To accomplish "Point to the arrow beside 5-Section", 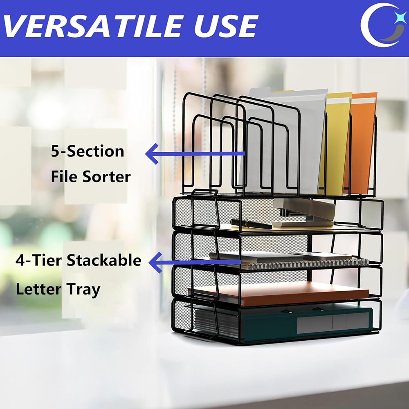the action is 195,154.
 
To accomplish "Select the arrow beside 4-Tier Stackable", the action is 195,263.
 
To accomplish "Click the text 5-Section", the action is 88,151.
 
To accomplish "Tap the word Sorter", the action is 106,177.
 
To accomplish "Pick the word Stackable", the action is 104,260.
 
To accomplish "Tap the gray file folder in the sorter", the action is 284,141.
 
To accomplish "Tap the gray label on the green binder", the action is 333,322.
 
